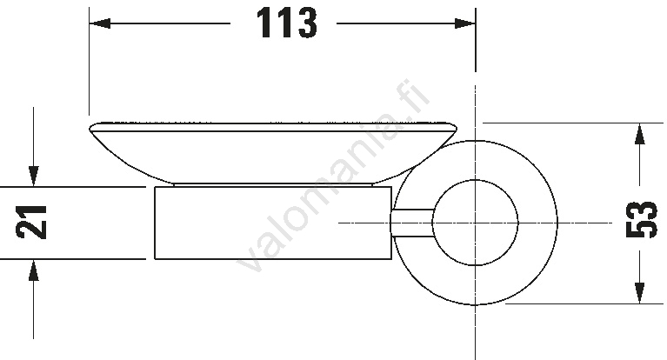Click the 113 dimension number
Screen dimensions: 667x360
[287, 23]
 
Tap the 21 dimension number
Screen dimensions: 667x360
[31, 222]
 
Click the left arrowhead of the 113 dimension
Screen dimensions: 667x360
[100, 23]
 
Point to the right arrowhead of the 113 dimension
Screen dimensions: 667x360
[465, 23]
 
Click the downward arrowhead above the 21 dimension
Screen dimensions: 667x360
[34, 177]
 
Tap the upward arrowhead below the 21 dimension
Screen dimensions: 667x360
[34, 270]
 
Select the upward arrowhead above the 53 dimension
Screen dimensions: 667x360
[639, 134]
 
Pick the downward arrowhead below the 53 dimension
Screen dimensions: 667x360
[639, 293]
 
